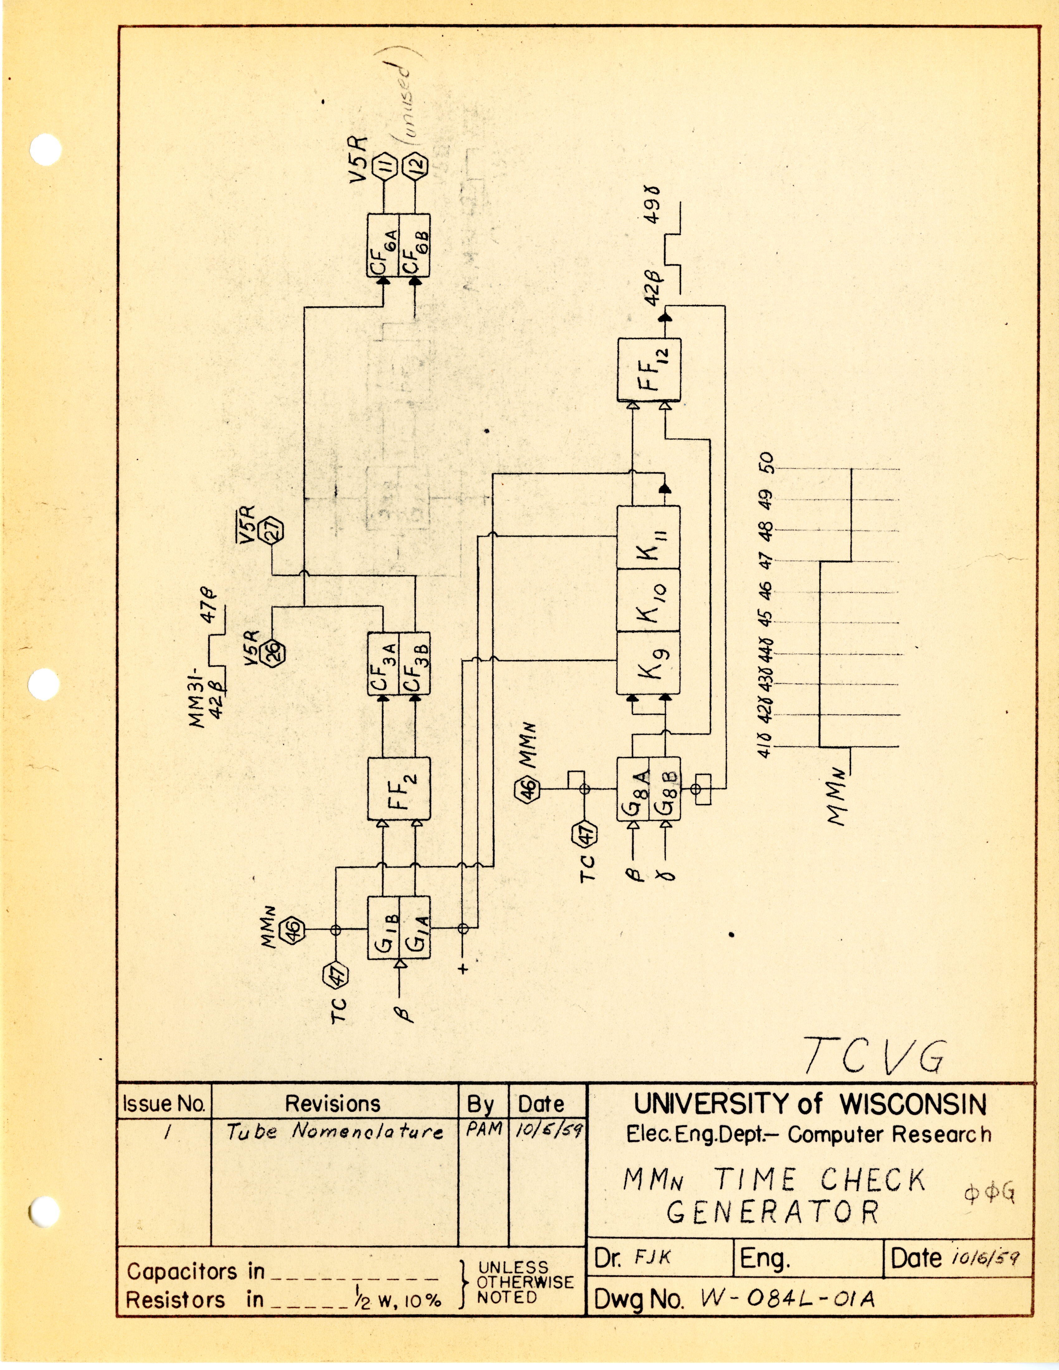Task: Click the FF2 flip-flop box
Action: point(398,788)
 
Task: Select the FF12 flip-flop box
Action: point(649,370)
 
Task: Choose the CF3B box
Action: point(415,663)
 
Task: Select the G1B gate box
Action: point(383,927)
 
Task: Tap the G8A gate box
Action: point(632,788)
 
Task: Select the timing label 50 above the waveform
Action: point(767,463)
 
